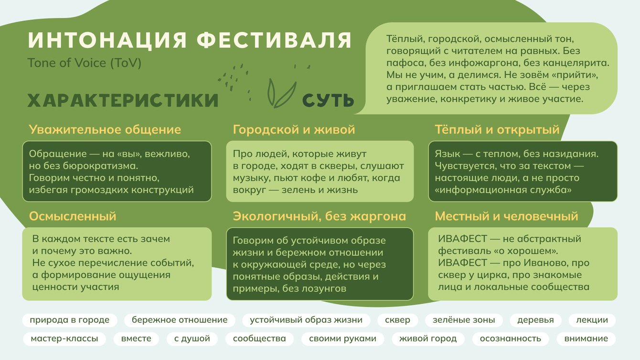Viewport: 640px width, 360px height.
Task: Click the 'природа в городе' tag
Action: [x=70, y=320]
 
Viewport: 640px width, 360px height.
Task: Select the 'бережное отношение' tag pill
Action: [x=180, y=320]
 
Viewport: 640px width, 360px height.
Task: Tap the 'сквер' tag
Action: [x=397, y=320]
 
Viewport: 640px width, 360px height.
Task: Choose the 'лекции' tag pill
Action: [x=592, y=320]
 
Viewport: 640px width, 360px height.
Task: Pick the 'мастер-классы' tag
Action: [x=64, y=339]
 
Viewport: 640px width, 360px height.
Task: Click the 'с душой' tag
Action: [x=192, y=339]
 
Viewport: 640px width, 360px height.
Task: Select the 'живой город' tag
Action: [x=428, y=339]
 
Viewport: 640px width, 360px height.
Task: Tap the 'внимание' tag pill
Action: [x=586, y=339]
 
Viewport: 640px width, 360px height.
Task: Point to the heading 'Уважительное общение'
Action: [x=105, y=130]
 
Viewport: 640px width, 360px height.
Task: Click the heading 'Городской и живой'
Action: [x=294, y=130]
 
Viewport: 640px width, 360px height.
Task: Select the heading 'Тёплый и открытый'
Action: [x=497, y=130]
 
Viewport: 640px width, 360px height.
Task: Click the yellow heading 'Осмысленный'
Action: [x=73, y=216]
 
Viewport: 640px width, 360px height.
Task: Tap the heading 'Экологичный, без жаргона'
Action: [x=320, y=216]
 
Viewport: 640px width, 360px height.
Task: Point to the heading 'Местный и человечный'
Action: [x=507, y=216]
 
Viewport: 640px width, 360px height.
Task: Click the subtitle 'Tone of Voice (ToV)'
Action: [x=84, y=63]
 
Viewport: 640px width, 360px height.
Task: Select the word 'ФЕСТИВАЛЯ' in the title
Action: [x=274, y=40]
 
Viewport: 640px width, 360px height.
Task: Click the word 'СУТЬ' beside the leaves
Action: [x=328, y=100]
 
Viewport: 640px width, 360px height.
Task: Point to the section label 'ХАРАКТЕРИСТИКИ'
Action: [x=123, y=100]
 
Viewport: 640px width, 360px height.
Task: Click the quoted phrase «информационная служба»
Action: [x=503, y=190]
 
